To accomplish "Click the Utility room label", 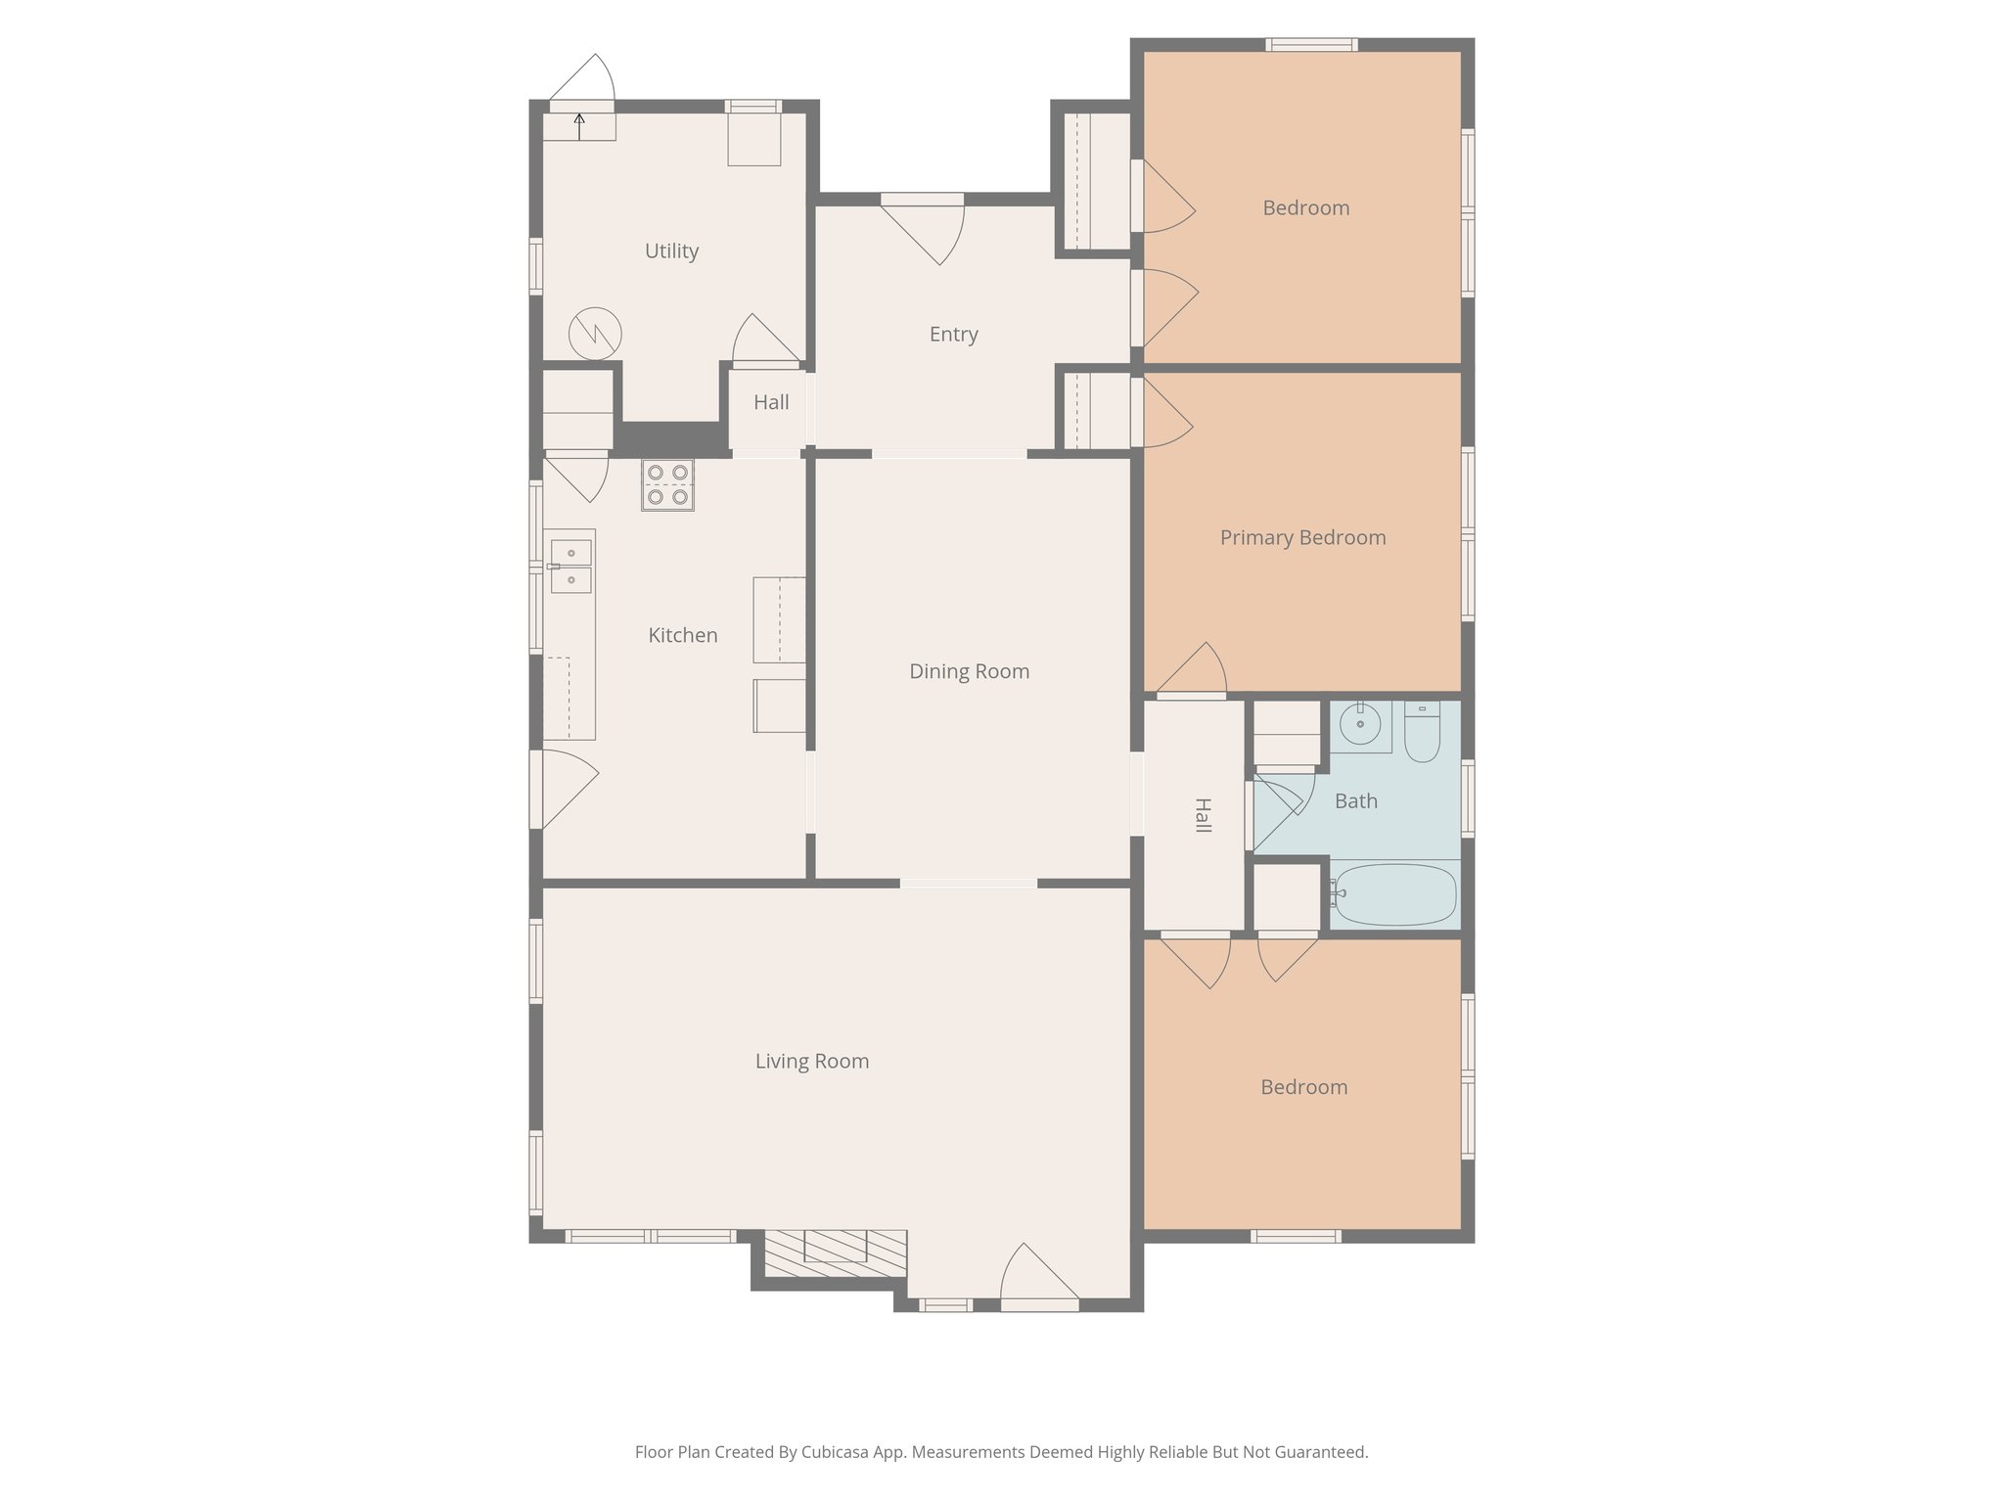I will click(671, 250).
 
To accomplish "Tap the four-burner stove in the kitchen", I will click(667, 484).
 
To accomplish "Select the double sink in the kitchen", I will click(570, 567).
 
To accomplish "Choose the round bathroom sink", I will click(1359, 725).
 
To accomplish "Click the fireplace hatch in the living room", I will click(835, 1253).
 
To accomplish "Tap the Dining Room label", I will click(969, 671).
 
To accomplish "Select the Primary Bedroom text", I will click(1302, 537).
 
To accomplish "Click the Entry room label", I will click(953, 334).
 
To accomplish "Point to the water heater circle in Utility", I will click(595, 334).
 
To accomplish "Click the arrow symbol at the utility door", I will click(579, 125).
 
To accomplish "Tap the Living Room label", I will click(811, 1061).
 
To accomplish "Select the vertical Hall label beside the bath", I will click(1203, 815).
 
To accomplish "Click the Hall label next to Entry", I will click(771, 402).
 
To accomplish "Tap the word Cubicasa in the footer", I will click(838, 1452).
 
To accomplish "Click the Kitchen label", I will click(682, 635).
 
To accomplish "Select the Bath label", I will click(1355, 800).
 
